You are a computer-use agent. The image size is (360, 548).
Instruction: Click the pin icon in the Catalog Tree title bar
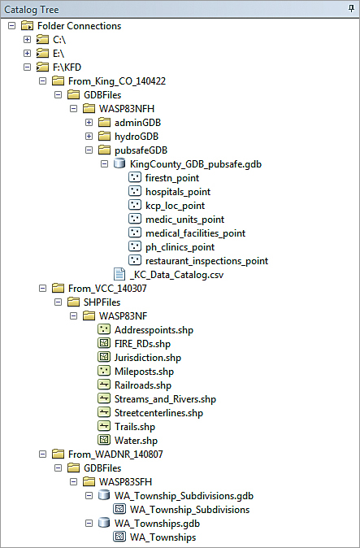[351, 9]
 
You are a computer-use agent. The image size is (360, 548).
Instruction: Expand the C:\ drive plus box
[28, 40]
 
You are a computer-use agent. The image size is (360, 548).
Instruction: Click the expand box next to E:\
[28, 53]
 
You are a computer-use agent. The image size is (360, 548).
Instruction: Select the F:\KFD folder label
[67, 67]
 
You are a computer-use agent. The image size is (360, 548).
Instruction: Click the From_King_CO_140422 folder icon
[58, 81]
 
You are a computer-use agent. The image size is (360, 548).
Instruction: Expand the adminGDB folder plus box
[89, 123]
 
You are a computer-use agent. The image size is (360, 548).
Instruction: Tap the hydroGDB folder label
[137, 137]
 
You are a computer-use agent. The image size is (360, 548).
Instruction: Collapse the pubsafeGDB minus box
[89, 150]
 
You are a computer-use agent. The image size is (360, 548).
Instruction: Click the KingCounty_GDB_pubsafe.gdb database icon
[119, 163]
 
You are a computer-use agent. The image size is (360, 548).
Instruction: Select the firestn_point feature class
[172, 178]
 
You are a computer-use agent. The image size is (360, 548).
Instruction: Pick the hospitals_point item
[178, 192]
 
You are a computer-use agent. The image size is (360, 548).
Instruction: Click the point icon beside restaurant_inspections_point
[135, 260]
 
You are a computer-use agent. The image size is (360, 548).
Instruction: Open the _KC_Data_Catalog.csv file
[176, 275]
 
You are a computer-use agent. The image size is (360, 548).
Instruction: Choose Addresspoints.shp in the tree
[154, 330]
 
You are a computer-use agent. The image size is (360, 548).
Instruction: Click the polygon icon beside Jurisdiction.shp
[104, 357]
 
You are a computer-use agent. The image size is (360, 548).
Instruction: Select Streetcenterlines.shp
[159, 413]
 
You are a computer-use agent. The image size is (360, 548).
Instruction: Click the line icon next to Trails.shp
[104, 426]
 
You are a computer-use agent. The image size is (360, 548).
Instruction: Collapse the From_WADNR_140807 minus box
[42, 454]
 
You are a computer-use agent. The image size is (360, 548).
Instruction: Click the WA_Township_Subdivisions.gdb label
[184, 496]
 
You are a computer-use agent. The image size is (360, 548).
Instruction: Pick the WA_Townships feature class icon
[119, 537]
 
